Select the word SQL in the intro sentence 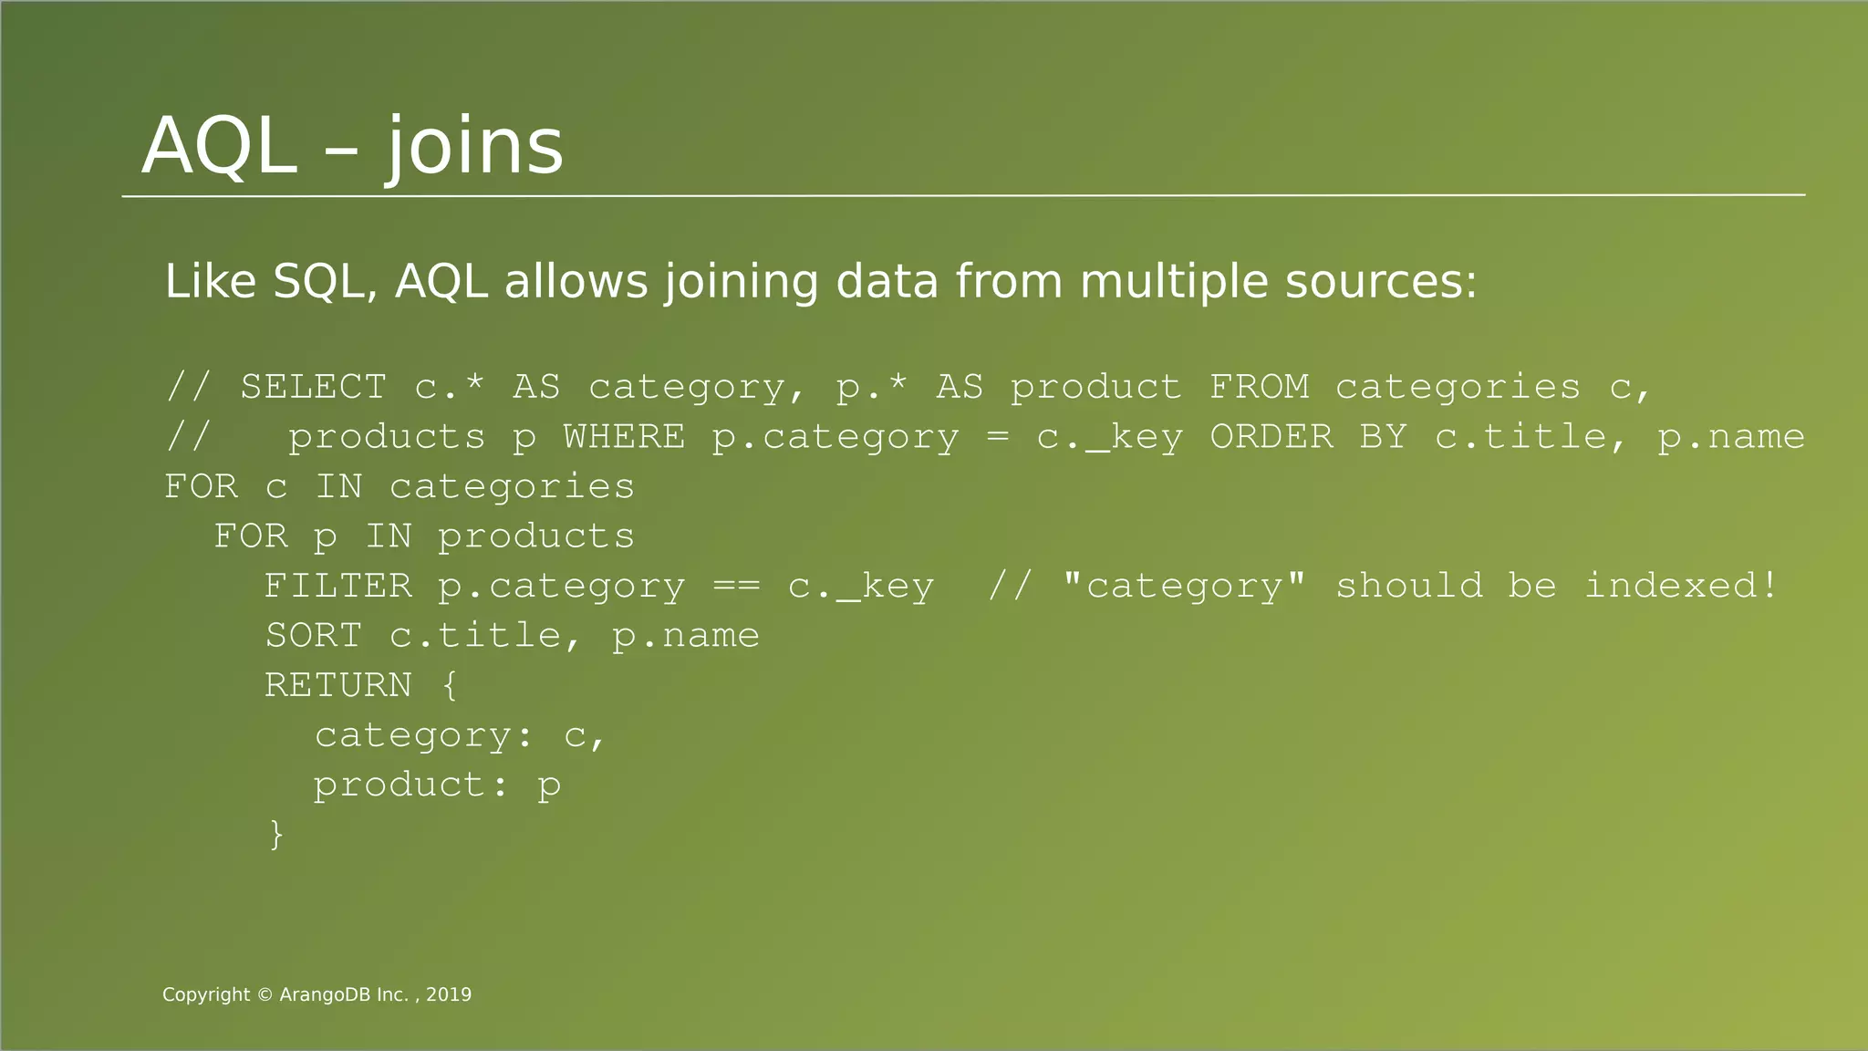pyautogui.click(x=325, y=281)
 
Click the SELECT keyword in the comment pyautogui.click(x=313, y=388)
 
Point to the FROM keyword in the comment pyautogui.click(x=1259, y=388)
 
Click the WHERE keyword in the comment pyautogui.click(x=624, y=437)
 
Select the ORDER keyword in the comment pyautogui.click(x=1271, y=437)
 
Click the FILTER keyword pyautogui.click(x=337, y=586)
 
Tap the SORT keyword pyautogui.click(x=313, y=636)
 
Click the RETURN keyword pyautogui.click(x=337, y=685)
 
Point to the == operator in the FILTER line pyautogui.click(x=735, y=586)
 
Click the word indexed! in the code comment pyautogui.click(x=1681, y=586)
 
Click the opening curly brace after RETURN pyautogui.click(x=450, y=685)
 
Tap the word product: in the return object pyautogui.click(x=411, y=785)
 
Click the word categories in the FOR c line pyautogui.click(x=512, y=487)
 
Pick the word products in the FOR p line pyautogui.click(x=536, y=536)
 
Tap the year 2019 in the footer pyautogui.click(x=449, y=995)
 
